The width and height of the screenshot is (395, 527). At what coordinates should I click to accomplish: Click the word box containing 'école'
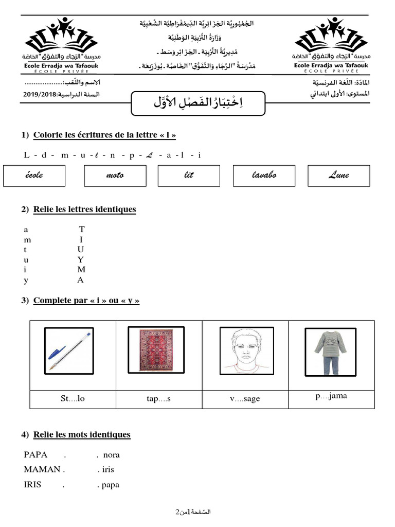tap(34, 175)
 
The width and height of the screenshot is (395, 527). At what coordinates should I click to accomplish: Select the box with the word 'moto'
tap(114, 175)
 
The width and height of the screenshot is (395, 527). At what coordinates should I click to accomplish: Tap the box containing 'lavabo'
tap(264, 175)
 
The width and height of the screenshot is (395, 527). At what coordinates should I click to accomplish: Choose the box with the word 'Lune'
tap(338, 175)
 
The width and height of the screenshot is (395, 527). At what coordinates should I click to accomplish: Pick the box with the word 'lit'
tap(189, 175)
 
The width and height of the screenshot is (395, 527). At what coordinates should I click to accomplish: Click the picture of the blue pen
tap(69, 351)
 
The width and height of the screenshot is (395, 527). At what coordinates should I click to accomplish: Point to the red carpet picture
tap(154, 349)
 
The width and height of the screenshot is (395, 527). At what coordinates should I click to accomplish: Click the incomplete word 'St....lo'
tap(72, 399)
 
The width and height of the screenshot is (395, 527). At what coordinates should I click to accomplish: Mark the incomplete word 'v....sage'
tap(245, 399)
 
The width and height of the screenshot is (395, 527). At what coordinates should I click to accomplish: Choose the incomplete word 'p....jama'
tap(331, 396)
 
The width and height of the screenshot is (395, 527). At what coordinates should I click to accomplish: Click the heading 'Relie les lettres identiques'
tap(84, 209)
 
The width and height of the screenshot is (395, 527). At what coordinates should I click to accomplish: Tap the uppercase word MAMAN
tap(42, 469)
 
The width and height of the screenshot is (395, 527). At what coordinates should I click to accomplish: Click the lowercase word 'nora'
tap(111, 455)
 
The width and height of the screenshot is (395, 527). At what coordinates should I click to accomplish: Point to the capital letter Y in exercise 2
tap(81, 259)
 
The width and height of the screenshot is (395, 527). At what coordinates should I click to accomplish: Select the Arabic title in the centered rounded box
tap(197, 103)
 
